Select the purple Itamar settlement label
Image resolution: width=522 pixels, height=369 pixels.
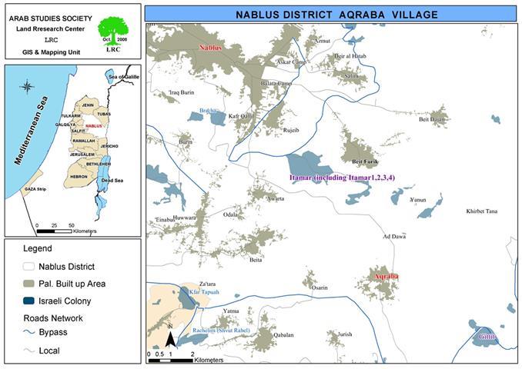click(x=342, y=178)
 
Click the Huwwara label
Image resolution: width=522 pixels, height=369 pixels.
click(x=185, y=218)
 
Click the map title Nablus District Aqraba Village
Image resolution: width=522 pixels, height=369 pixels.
click(x=331, y=14)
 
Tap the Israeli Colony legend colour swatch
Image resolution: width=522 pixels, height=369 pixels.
click(x=29, y=301)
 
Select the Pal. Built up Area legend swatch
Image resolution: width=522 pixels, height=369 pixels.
click(x=29, y=284)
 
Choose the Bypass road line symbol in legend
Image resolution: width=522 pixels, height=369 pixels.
click(x=29, y=334)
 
